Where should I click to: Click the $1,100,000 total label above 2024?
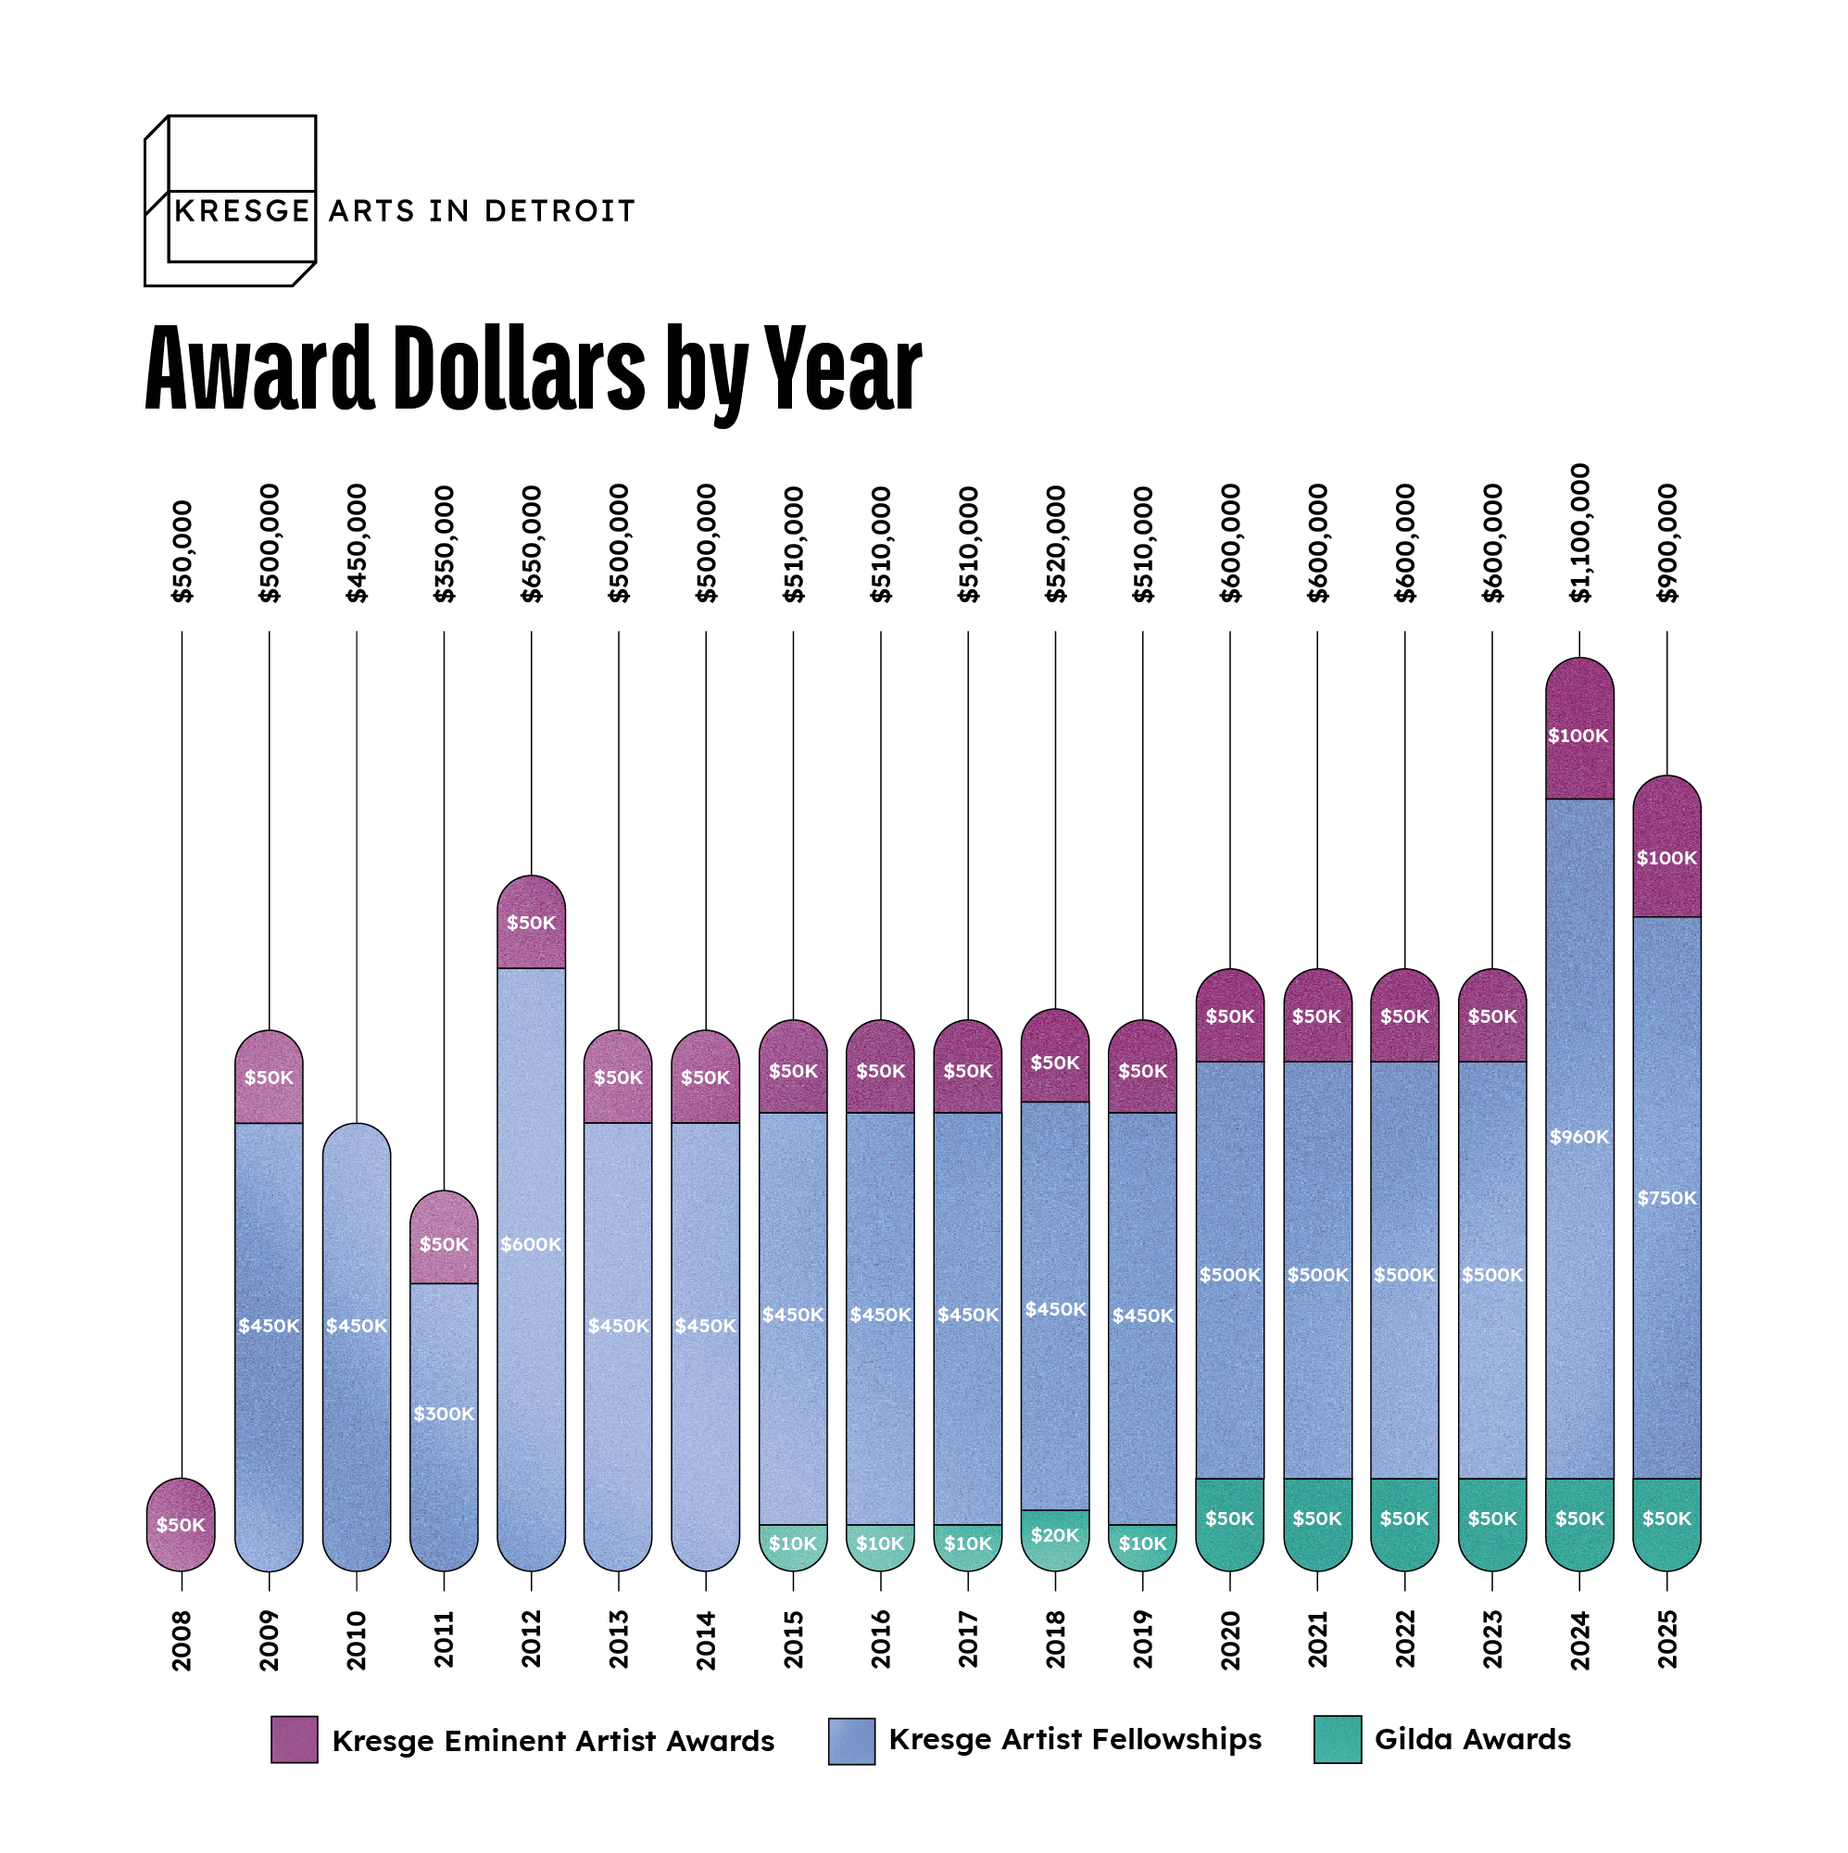pos(1579,534)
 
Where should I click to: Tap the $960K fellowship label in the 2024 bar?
pos(1579,1138)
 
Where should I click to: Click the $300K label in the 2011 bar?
pos(444,1414)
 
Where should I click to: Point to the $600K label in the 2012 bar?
pos(532,1244)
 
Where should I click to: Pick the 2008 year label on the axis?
pos(182,1641)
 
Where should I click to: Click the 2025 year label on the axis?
pos(1666,1639)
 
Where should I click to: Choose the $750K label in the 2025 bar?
pos(1666,1198)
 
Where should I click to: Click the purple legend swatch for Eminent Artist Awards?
pos(295,1740)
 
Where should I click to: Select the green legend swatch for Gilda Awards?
pos(1338,1740)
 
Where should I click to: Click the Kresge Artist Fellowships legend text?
pos(1075,1740)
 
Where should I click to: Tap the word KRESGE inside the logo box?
pos(243,211)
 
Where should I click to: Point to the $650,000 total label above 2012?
pos(532,544)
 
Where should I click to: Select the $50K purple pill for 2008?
pos(182,1525)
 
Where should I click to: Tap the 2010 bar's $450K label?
pos(357,1326)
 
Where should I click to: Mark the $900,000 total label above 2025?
pos(1666,544)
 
